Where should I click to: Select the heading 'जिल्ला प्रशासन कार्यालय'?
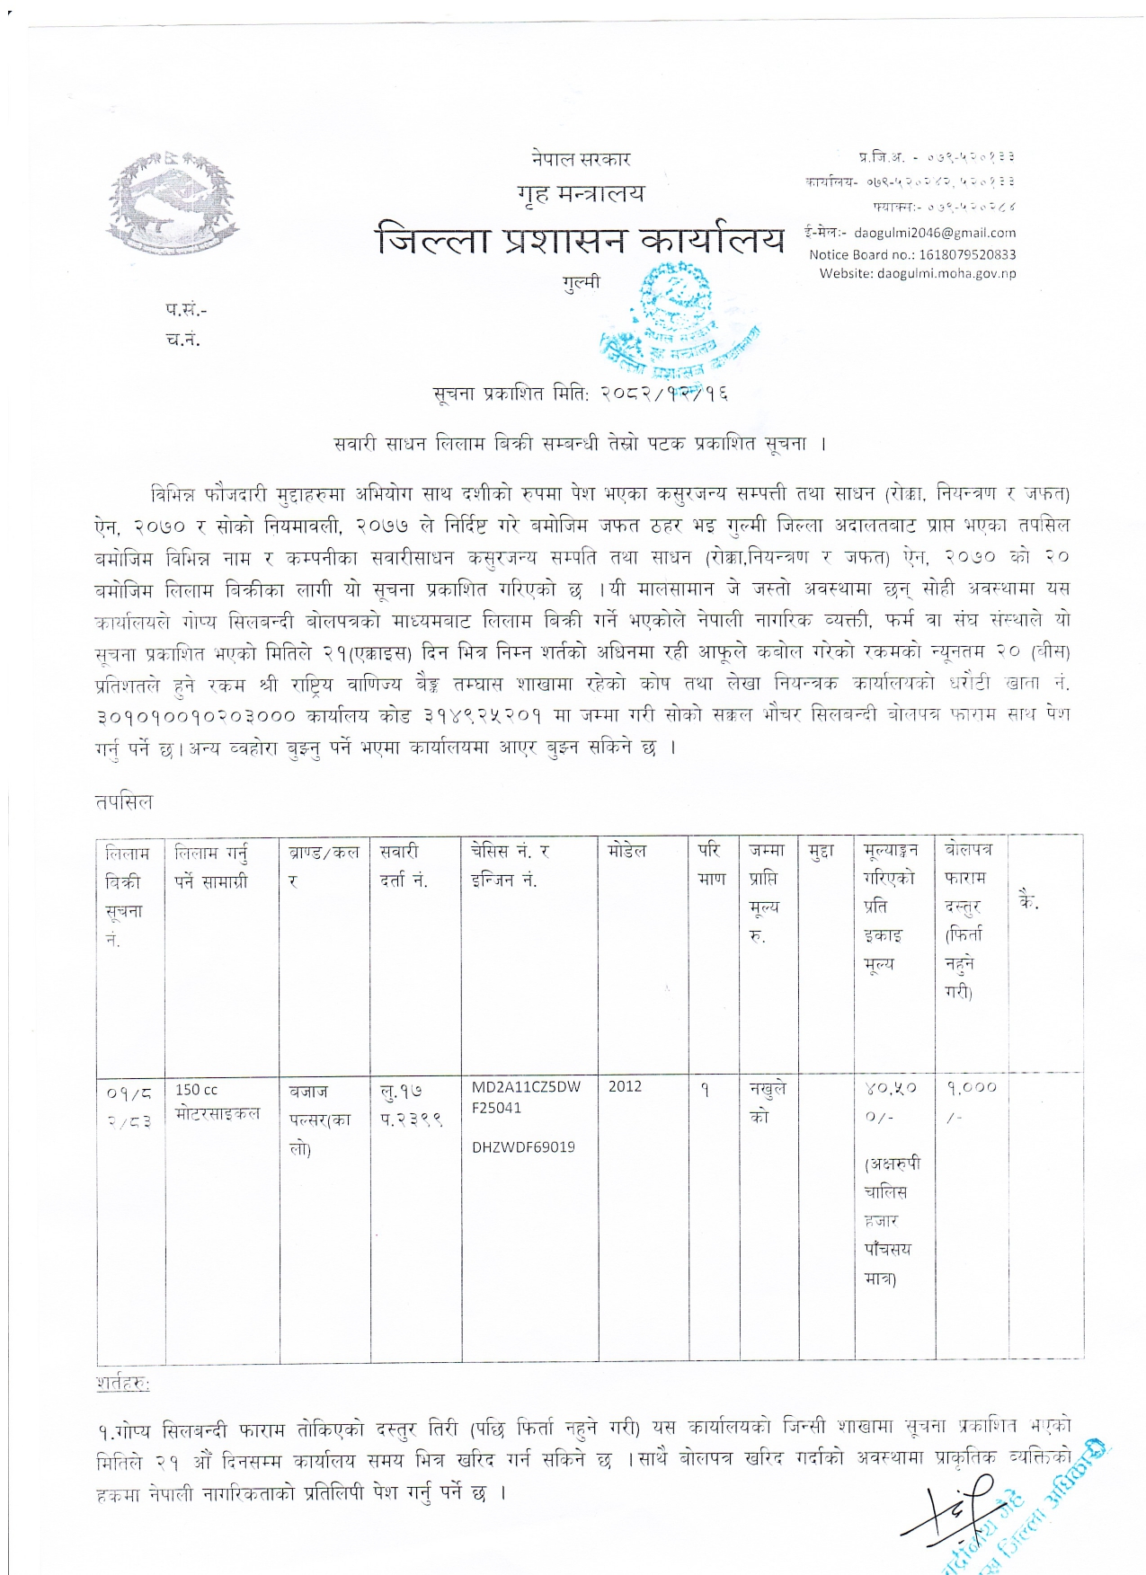point(580,241)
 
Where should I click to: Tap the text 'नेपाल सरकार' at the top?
point(581,159)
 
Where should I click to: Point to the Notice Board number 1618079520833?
point(912,254)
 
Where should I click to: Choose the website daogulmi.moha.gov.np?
point(918,273)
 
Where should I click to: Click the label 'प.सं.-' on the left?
point(186,310)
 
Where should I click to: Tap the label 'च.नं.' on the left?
point(183,340)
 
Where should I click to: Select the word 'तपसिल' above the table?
point(124,801)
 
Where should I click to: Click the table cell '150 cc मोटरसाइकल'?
point(218,1102)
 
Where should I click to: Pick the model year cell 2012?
point(625,1086)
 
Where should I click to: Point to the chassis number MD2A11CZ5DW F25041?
point(526,1097)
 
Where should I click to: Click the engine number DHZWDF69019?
point(523,1147)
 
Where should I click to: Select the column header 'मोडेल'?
point(626,850)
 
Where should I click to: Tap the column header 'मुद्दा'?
point(821,851)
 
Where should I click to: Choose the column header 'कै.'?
point(1028,901)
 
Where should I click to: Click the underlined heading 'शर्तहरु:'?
point(123,1384)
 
